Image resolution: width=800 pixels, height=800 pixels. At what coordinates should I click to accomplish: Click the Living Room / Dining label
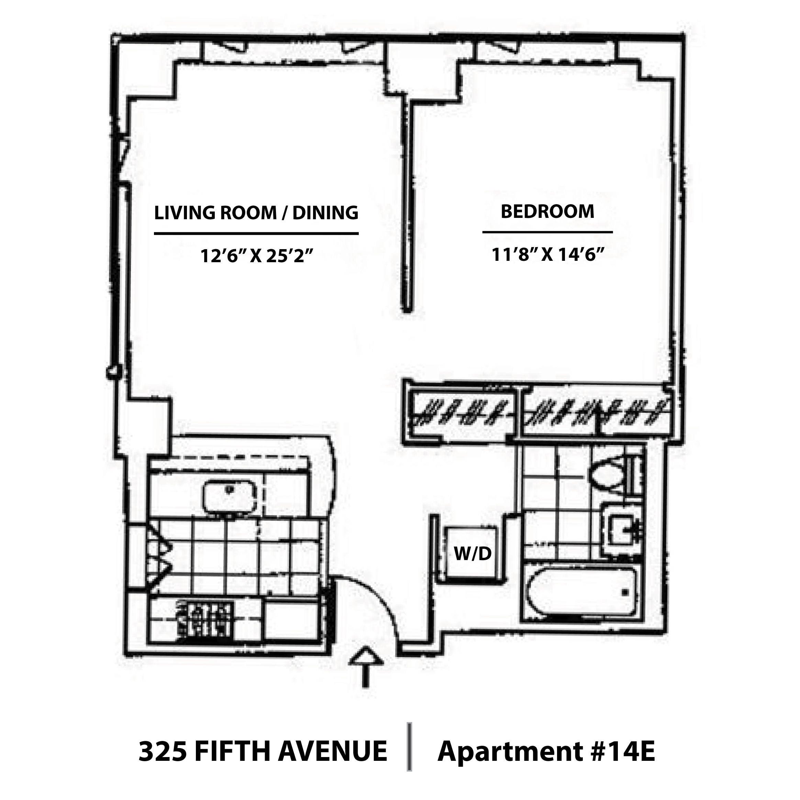pyautogui.click(x=256, y=213)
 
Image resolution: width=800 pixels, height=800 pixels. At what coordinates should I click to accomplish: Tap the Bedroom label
pyautogui.click(x=547, y=212)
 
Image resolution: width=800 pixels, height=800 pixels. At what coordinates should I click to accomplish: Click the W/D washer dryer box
pyautogui.click(x=472, y=553)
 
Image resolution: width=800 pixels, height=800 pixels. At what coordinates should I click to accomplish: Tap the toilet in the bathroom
pyautogui.click(x=610, y=476)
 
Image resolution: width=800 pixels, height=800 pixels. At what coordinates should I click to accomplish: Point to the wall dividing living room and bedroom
pyautogui.click(x=408, y=207)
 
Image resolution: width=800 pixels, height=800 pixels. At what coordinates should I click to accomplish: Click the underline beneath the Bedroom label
pyautogui.click(x=547, y=232)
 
